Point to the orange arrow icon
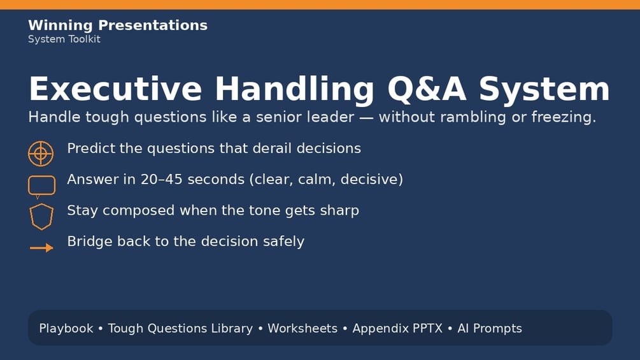click(41, 248)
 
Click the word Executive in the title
click(115, 89)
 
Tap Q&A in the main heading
click(427, 89)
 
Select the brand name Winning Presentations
click(118, 25)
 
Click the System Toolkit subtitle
click(64, 40)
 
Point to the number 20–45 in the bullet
click(161, 179)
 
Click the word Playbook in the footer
click(66, 328)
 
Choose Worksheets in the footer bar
click(302, 328)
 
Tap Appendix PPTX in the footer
click(397, 329)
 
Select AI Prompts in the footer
click(489, 329)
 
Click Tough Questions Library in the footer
click(180, 329)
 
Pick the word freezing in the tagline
click(564, 117)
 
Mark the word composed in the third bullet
click(138, 211)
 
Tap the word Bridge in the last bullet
click(89, 241)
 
